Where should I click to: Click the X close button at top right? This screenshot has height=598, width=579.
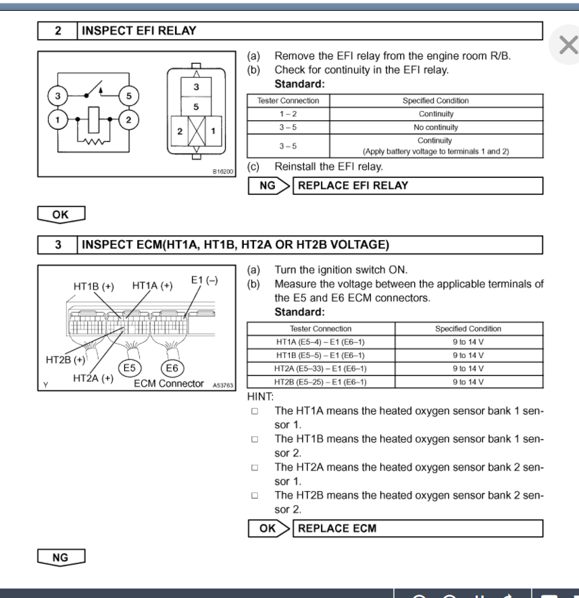point(568,45)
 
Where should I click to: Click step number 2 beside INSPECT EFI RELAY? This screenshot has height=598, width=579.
point(58,30)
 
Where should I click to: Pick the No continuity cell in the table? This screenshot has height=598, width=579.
point(435,127)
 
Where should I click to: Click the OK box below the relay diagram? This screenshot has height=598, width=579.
point(60,214)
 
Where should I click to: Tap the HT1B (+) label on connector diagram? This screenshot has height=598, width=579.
point(93,286)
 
